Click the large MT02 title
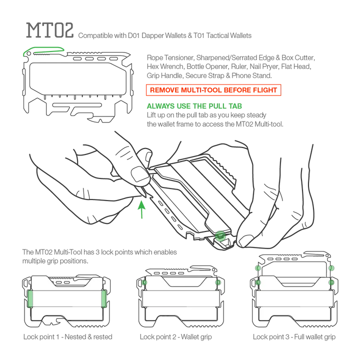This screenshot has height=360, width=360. coord(50,30)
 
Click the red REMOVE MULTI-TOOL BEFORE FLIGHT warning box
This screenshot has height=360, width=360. coord(213,90)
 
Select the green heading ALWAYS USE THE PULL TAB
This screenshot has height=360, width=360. coord(194,106)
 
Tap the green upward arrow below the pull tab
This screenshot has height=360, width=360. coord(141,209)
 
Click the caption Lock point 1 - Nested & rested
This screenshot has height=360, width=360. coord(67,337)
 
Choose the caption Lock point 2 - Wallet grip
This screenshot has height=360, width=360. coord(176,337)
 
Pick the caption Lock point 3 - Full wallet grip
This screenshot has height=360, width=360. coord(294,337)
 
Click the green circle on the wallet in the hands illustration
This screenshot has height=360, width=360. coord(220,236)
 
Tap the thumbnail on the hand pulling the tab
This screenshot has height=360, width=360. coord(139,173)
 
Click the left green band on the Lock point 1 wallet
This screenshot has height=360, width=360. coord(30,298)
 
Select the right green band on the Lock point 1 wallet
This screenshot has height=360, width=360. coord(104,298)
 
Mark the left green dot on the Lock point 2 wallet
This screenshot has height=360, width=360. coord(144,282)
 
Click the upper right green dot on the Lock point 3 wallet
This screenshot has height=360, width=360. coord(331,268)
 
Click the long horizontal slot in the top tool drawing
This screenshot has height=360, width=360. coord(77,105)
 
